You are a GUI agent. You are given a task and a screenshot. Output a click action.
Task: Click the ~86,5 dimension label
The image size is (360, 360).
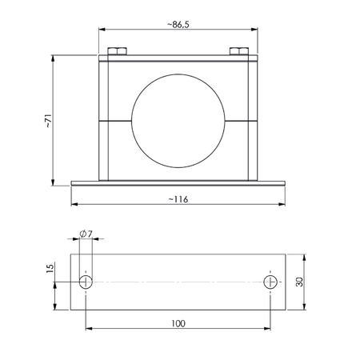pyautogui.click(x=178, y=25)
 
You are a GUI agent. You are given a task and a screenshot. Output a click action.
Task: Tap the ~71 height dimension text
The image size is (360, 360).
pyautogui.click(x=48, y=121)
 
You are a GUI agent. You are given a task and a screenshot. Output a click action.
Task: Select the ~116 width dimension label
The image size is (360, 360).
pyautogui.click(x=178, y=199)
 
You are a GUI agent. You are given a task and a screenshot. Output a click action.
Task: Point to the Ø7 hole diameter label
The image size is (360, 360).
pyautogui.click(x=86, y=234)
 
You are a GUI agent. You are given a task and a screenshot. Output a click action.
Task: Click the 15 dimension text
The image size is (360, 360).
pyautogui.click(x=50, y=268)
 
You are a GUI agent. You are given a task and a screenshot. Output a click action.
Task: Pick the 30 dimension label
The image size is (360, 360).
pyautogui.click(x=299, y=282)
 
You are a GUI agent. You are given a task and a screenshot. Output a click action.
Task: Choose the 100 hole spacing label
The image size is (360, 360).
pyautogui.click(x=178, y=323)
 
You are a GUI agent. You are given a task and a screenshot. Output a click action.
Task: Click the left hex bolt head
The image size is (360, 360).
pyautogui.click(x=117, y=51)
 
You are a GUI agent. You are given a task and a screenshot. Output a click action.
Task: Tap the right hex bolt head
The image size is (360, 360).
pyautogui.click(x=239, y=51)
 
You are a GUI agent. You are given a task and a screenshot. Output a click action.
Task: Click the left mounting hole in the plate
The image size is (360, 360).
pyautogui.click(x=86, y=282)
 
